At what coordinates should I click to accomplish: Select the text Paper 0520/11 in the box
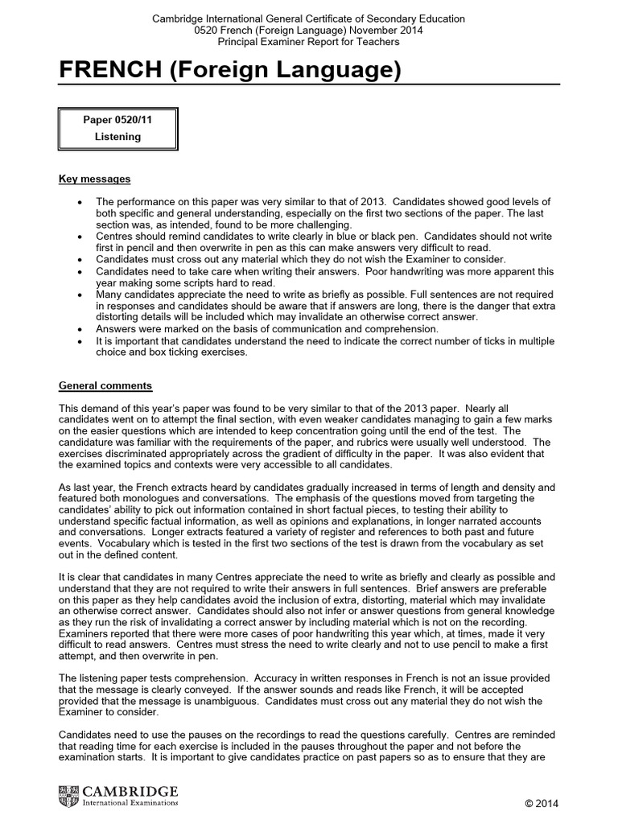coord(118,120)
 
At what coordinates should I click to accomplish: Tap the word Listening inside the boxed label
coord(118,137)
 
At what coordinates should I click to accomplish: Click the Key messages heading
coord(95,179)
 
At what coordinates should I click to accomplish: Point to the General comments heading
coord(105,386)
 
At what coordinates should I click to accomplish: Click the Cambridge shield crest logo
coord(69,797)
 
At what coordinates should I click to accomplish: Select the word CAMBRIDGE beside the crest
coord(129,791)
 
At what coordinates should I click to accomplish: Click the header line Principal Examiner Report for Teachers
coord(309,41)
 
